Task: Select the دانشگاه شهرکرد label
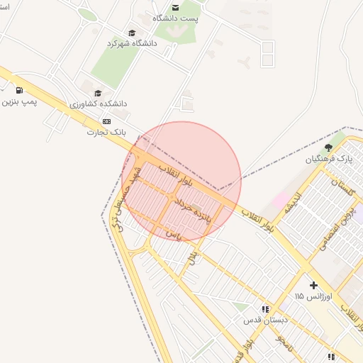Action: click(x=131, y=43)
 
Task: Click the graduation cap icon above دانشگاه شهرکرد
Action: click(x=132, y=33)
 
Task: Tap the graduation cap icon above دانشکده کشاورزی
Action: click(x=98, y=93)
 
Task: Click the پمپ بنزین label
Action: click(x=18, y=101)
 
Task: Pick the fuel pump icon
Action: click(x=18, y=90)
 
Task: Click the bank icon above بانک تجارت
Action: click(x=107, y=121)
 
